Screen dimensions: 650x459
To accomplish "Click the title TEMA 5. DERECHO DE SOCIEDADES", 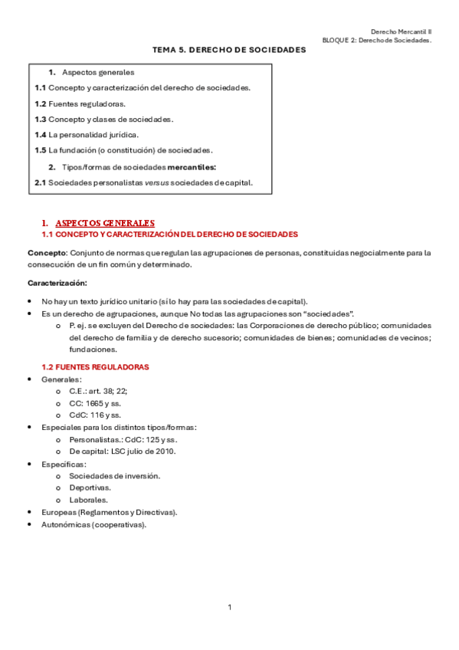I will (x=228, y=49).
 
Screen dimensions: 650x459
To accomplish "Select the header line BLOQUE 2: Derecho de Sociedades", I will (x=376, y=40).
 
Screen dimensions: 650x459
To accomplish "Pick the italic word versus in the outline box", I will (x=155, y=182).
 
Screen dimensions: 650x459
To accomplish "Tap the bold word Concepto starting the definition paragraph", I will (x=46, y=252).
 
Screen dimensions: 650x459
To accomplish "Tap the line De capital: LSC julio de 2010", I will (x=123, y=451).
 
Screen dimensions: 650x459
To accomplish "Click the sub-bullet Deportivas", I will (x=90, y=487).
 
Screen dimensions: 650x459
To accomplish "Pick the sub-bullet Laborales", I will (x=88, y=500).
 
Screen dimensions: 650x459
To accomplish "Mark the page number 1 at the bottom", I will (x=229, y=608).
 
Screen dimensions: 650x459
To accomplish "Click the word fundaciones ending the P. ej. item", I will (x=91, y=348).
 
